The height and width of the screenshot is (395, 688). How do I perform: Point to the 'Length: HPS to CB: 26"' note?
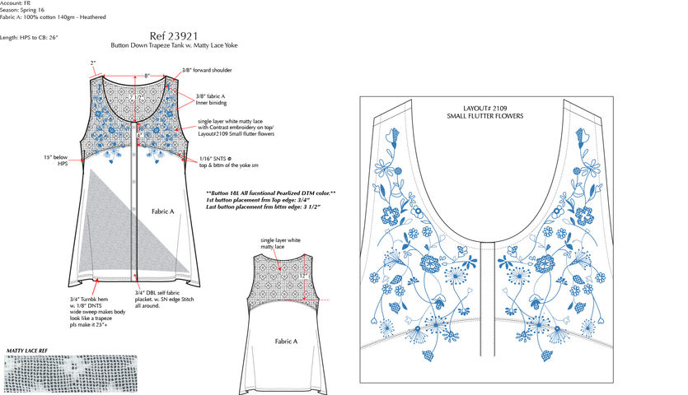click(30, 37)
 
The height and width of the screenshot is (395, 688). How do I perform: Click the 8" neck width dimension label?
click(147, 76)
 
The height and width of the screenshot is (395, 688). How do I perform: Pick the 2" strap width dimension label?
click(93, 63)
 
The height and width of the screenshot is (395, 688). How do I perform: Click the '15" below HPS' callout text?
click(59, 160)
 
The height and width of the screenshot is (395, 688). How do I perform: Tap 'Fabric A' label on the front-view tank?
click(162, 211)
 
